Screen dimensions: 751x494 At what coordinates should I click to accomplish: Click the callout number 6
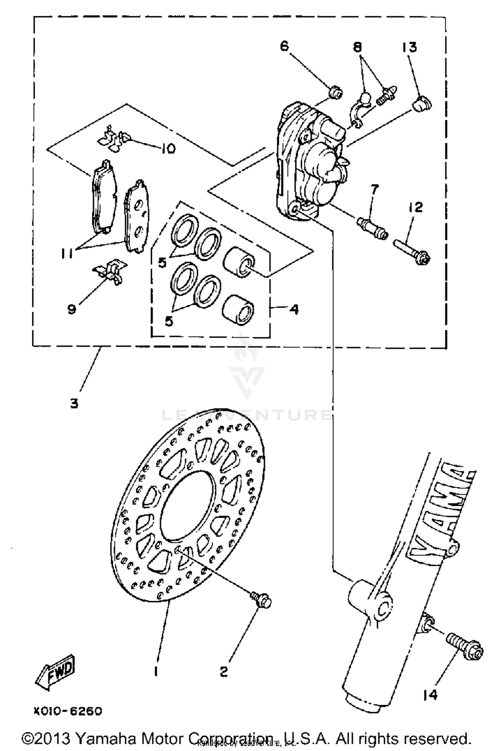point(284,46)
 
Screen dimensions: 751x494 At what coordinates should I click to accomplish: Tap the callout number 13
point(409,47)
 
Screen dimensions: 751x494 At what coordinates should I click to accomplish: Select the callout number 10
point(168,149)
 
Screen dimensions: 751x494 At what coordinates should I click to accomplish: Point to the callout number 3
point(74,403)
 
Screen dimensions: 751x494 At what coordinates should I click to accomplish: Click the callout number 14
point(430,695)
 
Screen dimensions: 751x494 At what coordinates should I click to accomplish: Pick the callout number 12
point(416,207)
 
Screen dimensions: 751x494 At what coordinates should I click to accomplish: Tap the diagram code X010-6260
point(68,711)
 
